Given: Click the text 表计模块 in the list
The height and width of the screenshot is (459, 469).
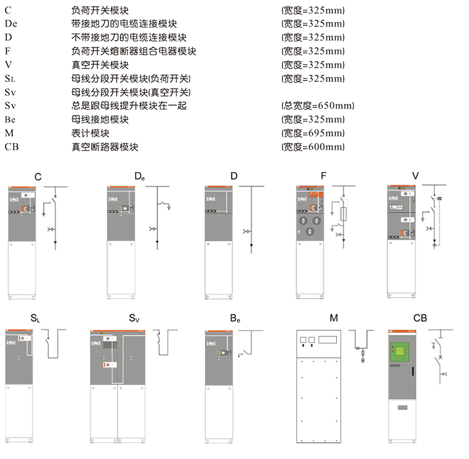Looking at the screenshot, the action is coord(91,133).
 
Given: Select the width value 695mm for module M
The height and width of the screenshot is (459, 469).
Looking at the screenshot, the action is coord(313,133).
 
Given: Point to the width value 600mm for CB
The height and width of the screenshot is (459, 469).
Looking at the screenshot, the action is coord(313,147).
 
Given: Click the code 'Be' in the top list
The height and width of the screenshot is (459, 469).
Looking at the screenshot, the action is coord(10,120).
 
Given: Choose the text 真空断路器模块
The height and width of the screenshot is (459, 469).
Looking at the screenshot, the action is coord(105,147).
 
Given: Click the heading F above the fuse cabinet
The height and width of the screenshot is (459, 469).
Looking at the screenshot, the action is coord(323,176).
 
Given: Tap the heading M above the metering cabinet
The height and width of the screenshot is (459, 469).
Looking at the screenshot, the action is coord(334,318).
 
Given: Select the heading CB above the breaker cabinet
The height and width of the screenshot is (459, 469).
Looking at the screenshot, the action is coord(420,318).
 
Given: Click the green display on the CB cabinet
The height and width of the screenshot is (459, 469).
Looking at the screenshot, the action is coord(399,352).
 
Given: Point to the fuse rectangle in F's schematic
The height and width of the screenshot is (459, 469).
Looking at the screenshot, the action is coord(343,215).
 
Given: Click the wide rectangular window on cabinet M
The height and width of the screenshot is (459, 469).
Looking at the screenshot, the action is coord(328,339).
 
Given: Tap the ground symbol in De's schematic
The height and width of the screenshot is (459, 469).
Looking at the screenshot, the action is coord(169,207).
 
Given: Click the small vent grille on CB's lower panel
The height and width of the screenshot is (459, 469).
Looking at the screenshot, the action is coord(403,408).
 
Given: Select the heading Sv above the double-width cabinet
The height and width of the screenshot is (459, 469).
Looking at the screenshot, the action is coord(134,319).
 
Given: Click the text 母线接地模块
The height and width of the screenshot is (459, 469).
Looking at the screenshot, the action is coord(100,120).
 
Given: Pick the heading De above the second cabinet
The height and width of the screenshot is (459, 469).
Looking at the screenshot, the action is coord(139,176).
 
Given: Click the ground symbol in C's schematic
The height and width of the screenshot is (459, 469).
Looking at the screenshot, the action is coord(44,214).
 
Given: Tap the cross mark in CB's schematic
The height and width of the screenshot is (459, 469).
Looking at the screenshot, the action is coord(440,357).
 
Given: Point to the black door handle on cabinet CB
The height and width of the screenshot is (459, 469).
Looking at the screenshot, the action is coord(413,371).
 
